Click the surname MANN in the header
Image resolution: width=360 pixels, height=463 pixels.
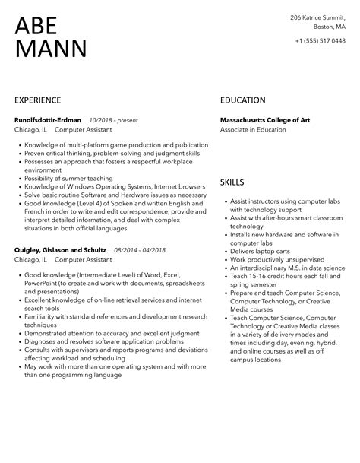[x=50, y=49]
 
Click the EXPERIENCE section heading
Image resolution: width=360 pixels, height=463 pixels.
[x=38, y=100]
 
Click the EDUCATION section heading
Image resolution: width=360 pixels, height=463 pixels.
[x=242, y=100]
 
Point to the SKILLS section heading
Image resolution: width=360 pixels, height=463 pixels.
[x=232, y=182]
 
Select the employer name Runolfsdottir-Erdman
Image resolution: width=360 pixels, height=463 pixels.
[x=49, y=119]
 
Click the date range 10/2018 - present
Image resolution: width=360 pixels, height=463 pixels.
[x=112, y=119]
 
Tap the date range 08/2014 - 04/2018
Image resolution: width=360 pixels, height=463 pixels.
[x=140, y=249]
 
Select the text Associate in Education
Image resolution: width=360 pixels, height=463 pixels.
[x=253, y=130]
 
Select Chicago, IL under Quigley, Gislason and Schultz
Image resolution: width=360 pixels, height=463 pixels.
[x=31, y=260]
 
